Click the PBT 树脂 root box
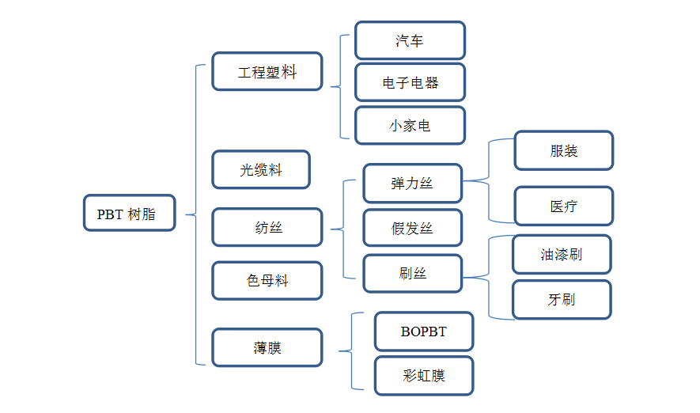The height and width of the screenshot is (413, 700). point(129,214)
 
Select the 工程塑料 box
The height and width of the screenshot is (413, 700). point(267,71)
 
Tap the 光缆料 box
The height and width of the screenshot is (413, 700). point(261,169)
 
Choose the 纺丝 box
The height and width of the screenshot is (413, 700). point(267,227)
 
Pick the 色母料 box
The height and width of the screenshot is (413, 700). point(267,280)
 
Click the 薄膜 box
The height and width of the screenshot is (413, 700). point(267,347)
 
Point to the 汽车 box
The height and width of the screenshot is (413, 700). point(410,40)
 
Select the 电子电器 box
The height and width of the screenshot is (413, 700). point(410,82)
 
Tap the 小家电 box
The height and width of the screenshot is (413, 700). point(410,125)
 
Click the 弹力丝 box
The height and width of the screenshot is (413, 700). point(412,184)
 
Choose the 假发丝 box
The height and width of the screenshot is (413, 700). point(412,228)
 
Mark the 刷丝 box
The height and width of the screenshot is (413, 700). point(412,273)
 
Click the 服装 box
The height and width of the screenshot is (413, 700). point(563,150)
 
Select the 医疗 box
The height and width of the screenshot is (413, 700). point(563,206)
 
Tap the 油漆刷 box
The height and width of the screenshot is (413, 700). point(562,254)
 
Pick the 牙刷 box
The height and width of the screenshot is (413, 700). point(562,300)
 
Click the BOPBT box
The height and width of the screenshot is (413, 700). point(423,332)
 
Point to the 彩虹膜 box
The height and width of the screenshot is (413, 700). point(423,375)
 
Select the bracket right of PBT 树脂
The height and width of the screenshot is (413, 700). point(195,214)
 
